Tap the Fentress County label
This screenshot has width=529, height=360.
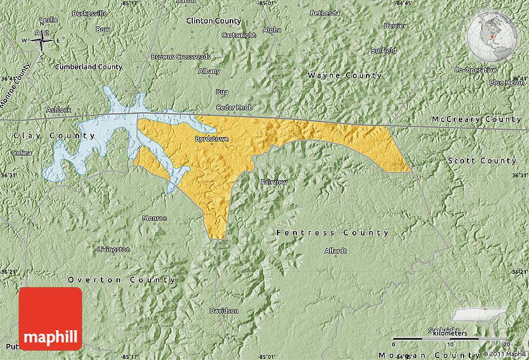[332, 233]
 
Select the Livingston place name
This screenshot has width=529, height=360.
[114, 249]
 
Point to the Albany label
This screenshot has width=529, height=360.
[209, 71]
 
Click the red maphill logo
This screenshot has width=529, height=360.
[50, 319]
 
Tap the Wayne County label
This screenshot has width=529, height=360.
[344, 75]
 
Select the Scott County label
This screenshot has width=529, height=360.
[482, 161]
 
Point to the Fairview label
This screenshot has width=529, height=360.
[274, 182]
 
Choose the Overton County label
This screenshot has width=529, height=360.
[122, 280]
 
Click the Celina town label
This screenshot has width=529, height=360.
[22, 153]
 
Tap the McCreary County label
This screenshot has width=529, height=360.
[477, 119]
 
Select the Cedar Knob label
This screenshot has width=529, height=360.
[234, 107]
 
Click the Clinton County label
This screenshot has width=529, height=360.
[213, 21]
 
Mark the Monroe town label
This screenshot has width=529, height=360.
[154, 218]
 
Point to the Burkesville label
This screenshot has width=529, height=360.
[90, 13]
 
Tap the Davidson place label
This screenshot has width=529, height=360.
[223, 310]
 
